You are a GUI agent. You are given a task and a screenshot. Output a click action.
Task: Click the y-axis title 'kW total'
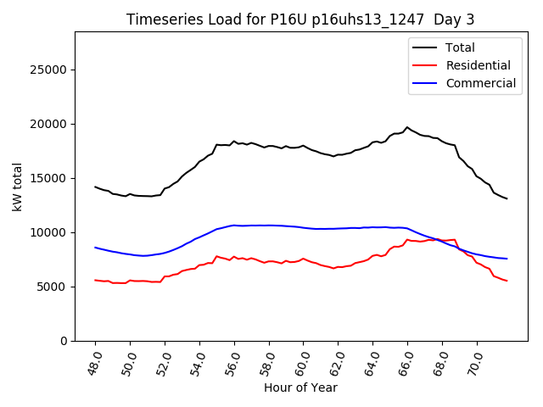18,187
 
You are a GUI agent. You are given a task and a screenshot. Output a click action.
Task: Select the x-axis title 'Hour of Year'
300,387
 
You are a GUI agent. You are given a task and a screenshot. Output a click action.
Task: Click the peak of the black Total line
407,127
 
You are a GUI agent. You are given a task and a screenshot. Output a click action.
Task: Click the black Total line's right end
507,198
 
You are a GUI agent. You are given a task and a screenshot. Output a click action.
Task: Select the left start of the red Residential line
96,280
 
